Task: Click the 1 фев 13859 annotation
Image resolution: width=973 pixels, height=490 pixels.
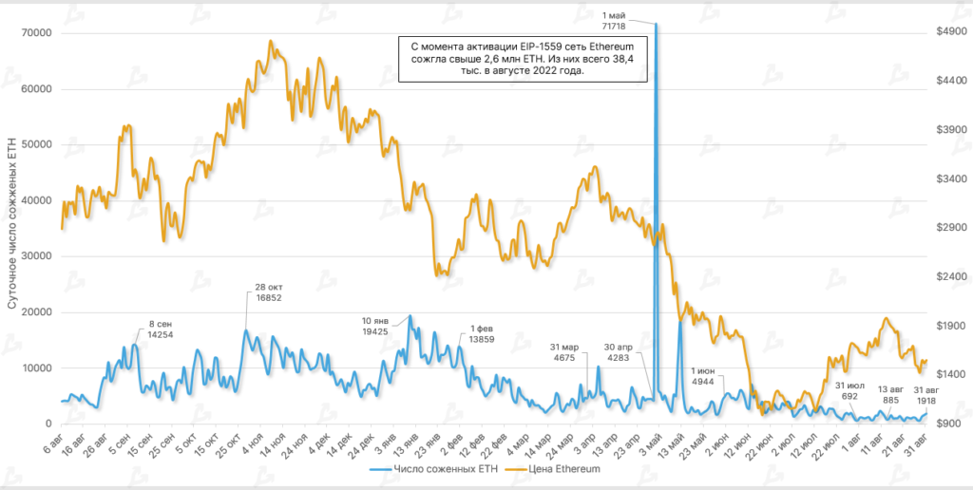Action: point(483,333)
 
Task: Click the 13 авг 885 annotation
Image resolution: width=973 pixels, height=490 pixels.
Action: point(889,394)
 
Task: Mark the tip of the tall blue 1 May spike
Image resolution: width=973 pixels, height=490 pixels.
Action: point(656,24)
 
